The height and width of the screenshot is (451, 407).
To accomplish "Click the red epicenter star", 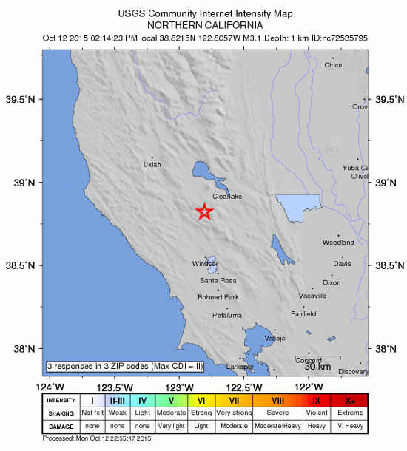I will click(204, 212).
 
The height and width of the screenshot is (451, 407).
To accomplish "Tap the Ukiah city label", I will click(152, 165).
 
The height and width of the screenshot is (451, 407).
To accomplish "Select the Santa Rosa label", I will click(218, 281).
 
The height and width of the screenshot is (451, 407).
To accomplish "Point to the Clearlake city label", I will click(227, 197).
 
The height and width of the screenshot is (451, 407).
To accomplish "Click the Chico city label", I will click(334, 65).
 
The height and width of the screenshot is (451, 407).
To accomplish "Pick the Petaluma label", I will click(226, 316).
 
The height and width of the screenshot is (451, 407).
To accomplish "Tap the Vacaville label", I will click(312, 296).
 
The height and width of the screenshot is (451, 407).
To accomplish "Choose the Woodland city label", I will click(338, 243).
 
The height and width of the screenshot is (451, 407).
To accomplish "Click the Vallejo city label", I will click(275, 338).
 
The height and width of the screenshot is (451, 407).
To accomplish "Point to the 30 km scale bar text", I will click(317, 366).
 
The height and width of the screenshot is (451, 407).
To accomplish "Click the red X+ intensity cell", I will click(350, 401).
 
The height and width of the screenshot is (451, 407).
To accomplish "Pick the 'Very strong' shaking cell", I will click(234, 413).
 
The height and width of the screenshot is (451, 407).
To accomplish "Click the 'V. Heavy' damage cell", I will click(350, 427).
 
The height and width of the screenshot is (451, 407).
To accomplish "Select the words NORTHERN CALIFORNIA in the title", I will click(205, 24).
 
